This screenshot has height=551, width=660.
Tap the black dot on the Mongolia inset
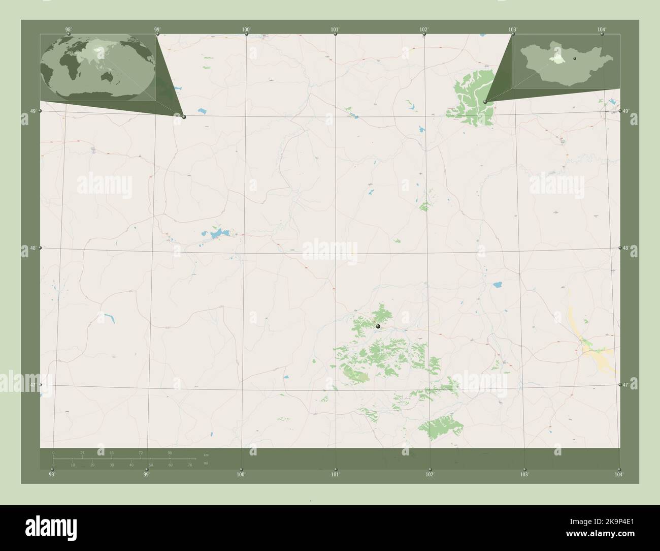(575, 59)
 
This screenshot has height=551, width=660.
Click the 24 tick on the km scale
(82, 452)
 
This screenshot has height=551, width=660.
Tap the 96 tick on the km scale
(170, 452)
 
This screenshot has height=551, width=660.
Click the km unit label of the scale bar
(206, 454)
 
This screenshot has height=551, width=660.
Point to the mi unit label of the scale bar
(205, 463)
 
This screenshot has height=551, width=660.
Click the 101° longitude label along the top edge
(335, 30)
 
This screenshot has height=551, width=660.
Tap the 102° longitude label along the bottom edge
(430, 474)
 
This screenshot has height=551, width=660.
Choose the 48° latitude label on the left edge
(32, 248)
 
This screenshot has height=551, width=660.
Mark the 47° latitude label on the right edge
(626, 385)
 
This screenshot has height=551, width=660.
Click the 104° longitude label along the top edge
(602, 30)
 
